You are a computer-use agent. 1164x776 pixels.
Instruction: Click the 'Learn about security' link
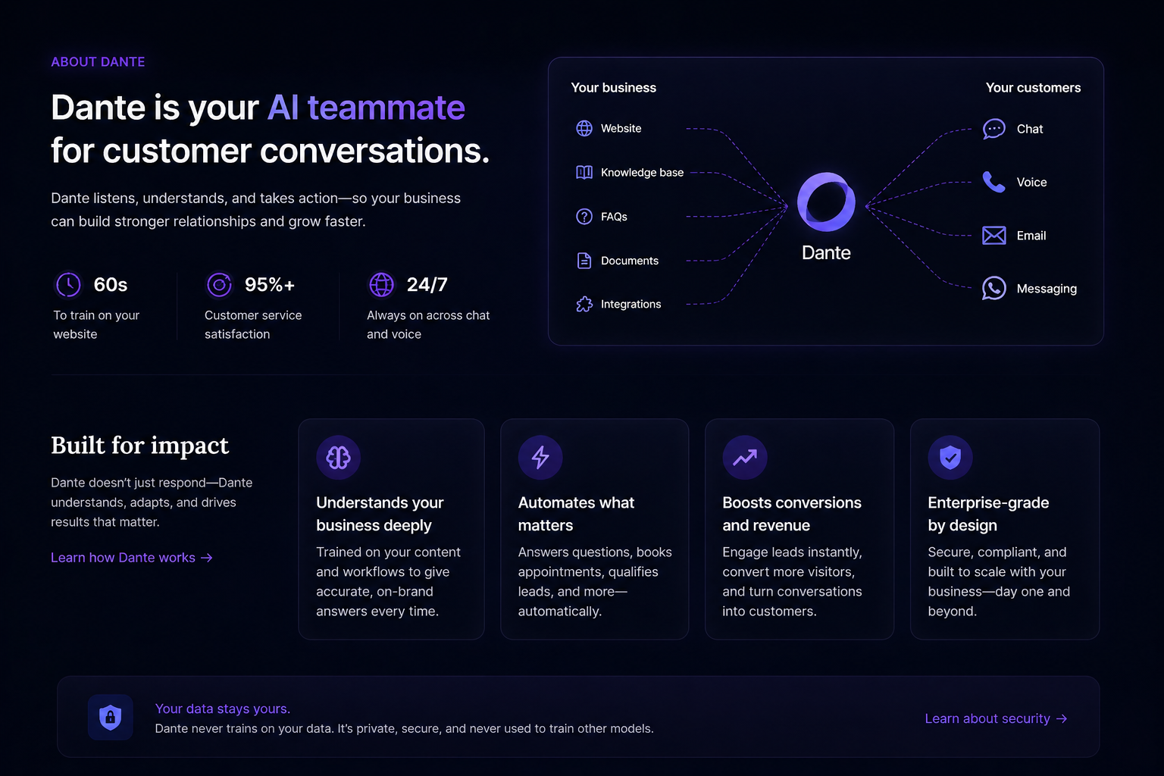coord(995,718)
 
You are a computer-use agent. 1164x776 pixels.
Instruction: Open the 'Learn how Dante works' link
coord(131,558)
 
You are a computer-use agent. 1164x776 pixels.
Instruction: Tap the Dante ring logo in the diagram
coord(826,202)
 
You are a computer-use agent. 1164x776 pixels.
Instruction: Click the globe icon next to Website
coord(584,129)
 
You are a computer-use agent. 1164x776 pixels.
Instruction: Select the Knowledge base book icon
coord(584,173)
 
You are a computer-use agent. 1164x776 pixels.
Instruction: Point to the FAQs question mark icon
coord(584,217)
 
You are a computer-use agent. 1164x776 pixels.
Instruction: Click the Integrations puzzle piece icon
coord(584,305)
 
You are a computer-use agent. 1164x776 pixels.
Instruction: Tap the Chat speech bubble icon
coord(993,129)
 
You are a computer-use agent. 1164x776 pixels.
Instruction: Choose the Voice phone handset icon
coord(993,182)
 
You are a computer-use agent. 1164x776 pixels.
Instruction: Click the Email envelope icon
coord(993,236)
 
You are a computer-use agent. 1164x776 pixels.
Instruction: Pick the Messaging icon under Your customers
coord(993,289)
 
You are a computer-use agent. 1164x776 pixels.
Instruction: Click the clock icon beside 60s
coord(69,285)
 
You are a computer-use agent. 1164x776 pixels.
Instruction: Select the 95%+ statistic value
coord(269,285)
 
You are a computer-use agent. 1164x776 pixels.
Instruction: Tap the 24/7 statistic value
coord(427,285)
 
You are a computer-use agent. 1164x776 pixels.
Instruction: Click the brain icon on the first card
coord(338,457)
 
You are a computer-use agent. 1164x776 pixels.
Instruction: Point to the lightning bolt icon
coord(540,457)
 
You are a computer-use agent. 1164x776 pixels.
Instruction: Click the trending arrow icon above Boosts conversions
coord(745,457)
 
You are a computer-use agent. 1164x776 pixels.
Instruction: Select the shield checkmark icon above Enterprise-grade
coord(950,457)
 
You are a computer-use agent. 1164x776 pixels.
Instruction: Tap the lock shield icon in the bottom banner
coord(111,717)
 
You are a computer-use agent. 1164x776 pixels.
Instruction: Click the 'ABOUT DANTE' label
coord(98,62)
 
